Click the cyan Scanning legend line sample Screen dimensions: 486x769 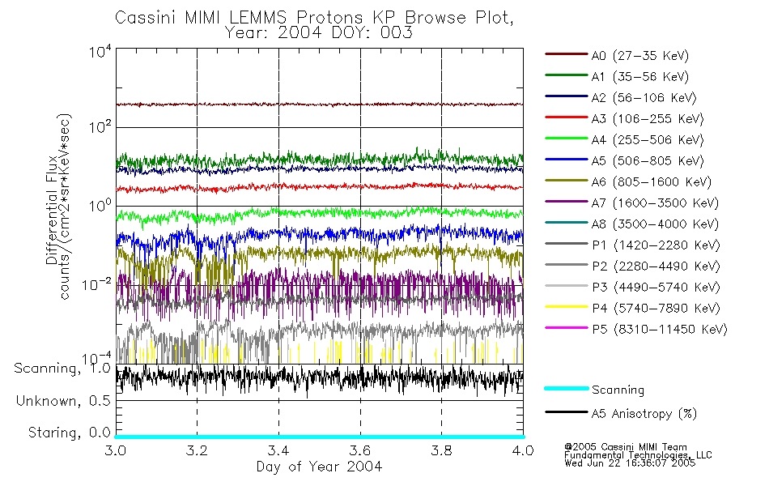point(566,389)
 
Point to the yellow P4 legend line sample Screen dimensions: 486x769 point(566,308)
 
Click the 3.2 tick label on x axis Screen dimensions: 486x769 point(197,450)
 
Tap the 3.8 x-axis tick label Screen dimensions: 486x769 point(441,450)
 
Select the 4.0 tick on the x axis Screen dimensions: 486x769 point(523,450)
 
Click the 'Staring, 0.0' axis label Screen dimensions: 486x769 point(62,432)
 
